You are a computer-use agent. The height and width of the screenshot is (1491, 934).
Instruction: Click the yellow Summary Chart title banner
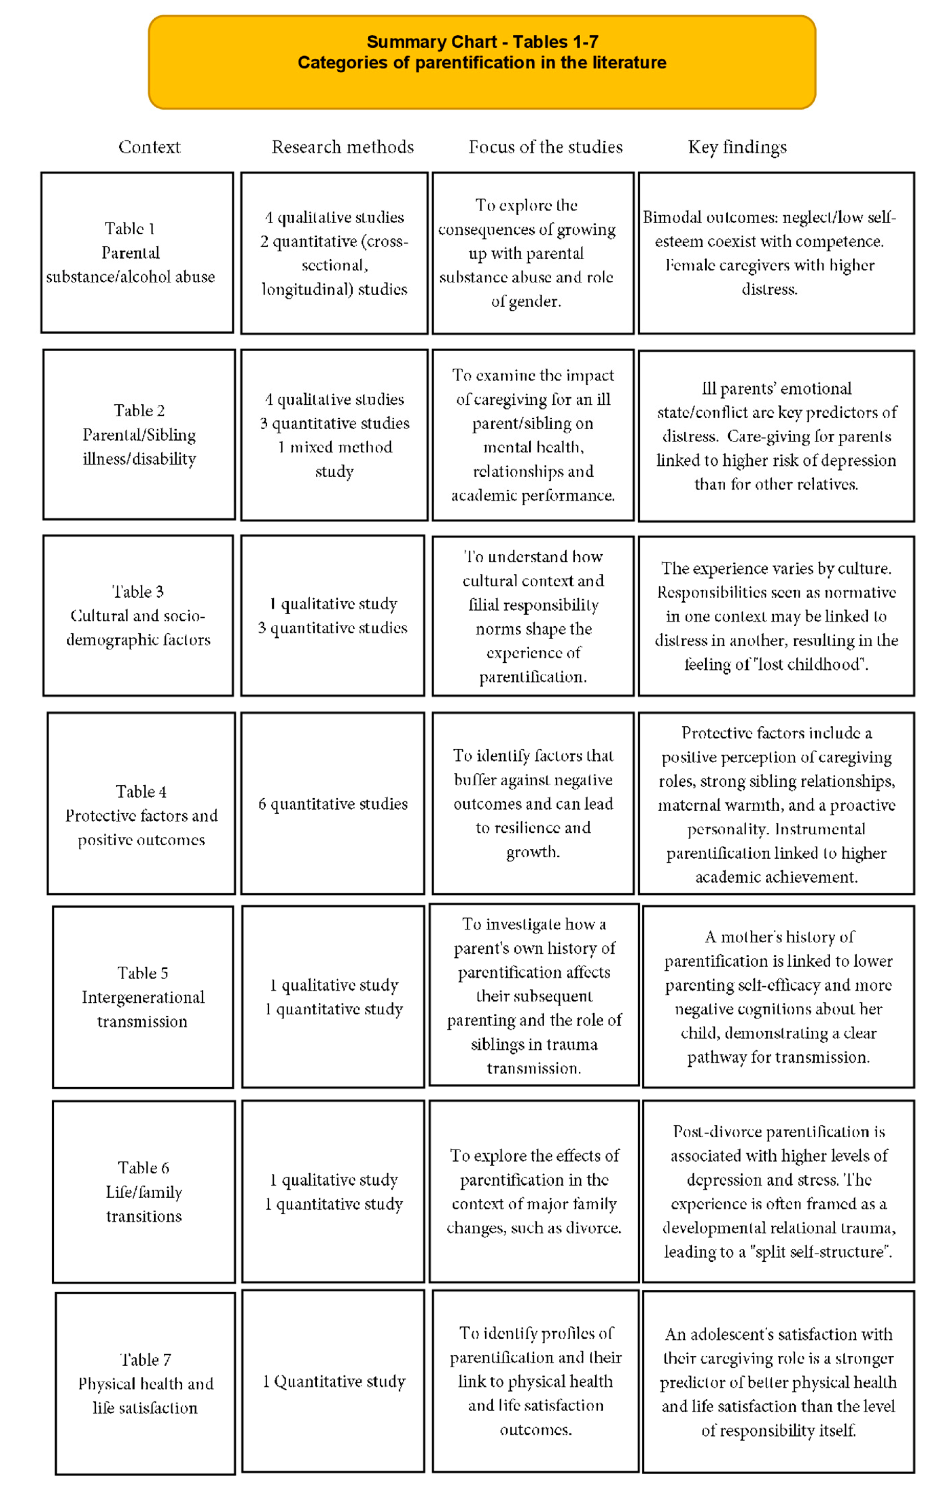pyautogui.click(x=482, y=62)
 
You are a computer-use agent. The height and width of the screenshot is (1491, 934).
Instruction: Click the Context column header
pyautogui.click(x=149, y=147)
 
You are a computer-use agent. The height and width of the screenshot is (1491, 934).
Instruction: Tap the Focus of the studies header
pyautogui.click(x=545, y=147)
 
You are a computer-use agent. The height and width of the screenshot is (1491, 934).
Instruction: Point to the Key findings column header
pyautogui.click(x=737, y=147)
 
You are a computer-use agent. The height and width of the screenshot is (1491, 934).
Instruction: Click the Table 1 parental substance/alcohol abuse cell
pyautogui.click(x=137, y=253)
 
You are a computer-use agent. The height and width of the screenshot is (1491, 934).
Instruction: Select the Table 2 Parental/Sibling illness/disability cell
pyautogui.click(x=139, y=434)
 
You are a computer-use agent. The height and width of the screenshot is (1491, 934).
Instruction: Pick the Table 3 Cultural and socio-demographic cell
pyautogui.click(x=138, y=616)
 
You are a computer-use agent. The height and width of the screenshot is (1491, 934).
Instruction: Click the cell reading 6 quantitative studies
pyautogui.click(x=333, y=804)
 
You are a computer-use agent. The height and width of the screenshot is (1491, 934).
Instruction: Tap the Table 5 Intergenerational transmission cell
pyautogui.click(x=143, y=997)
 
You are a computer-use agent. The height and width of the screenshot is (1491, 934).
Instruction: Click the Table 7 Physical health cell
pyautogui.click(x=145, y=1383)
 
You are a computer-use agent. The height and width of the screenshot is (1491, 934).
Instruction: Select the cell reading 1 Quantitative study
pyautogui.click(x=333, y=1382)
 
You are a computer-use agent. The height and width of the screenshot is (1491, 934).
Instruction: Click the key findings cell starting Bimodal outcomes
pyautogui.click(x=776, y=253)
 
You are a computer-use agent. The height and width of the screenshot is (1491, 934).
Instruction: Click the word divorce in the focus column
pyautogui.click(x=594, y=1228)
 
